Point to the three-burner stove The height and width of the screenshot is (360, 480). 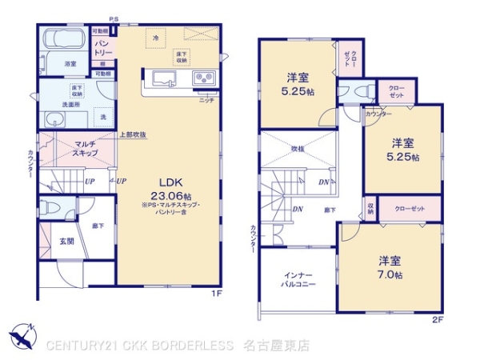pyautogui.click(x=202, y=78)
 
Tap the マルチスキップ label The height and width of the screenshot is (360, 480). pyautogui.click(x=85, y=147)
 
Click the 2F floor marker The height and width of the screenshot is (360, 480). pyautogui.click(x=436, y=320)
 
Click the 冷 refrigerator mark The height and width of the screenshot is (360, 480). pyautogui.click(x=156, y=38)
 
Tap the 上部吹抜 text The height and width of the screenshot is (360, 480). pyautogui.click(x=133, y=134)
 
